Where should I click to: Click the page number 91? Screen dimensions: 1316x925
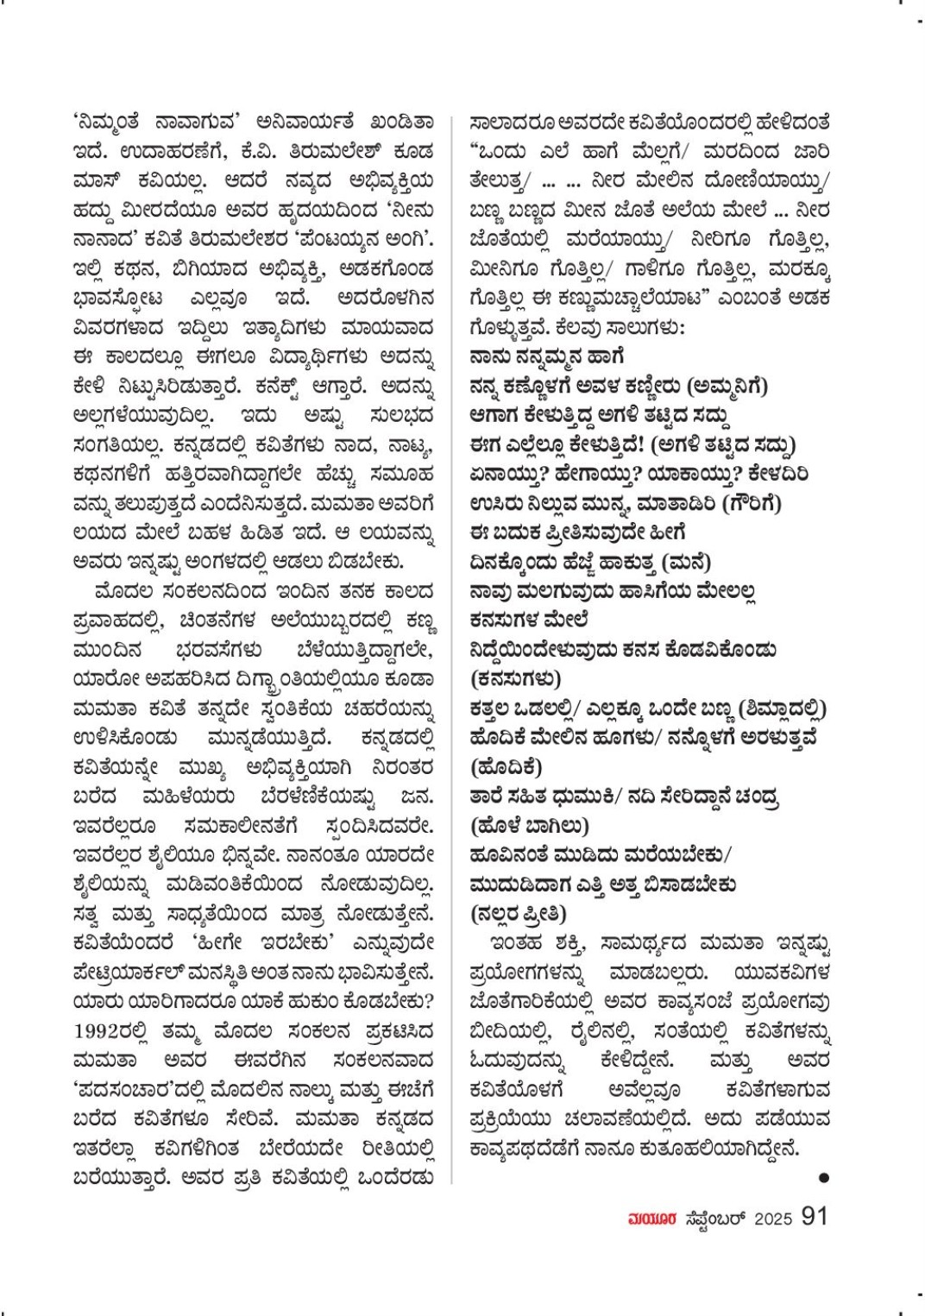tap(815, 1217)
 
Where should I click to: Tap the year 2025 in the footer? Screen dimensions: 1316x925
tap(773, 1218)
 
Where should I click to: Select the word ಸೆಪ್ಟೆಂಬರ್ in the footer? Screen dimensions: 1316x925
tap(709, 1218)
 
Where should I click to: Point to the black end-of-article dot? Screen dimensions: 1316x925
tap(824, 1177)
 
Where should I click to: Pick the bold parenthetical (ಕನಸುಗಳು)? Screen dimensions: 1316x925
tap(516, 678)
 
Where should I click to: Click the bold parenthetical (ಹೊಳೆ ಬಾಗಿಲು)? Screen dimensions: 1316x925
tap(530, 826)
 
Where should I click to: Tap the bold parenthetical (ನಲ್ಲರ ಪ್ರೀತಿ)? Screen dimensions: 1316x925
tap(519, 913)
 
